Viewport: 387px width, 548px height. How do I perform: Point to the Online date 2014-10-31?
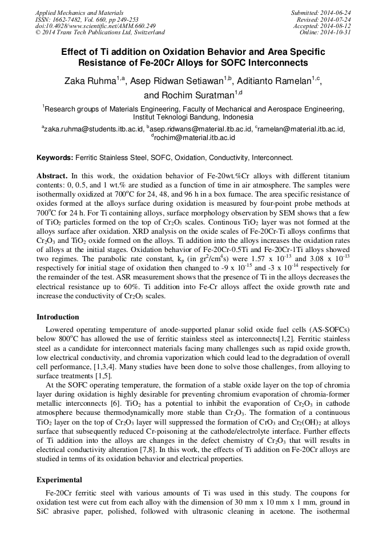tap(337, 33)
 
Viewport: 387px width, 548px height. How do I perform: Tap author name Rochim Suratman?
tap(197, 95)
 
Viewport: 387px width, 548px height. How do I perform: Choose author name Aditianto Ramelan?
tap(278, 82)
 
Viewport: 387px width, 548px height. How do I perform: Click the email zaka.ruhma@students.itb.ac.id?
tap(94, 130)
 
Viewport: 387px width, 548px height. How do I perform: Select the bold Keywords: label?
tap(55, 157)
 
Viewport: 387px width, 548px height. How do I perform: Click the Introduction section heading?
tap(58, 317)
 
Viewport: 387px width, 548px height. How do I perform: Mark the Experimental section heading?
tap(59, 480)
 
